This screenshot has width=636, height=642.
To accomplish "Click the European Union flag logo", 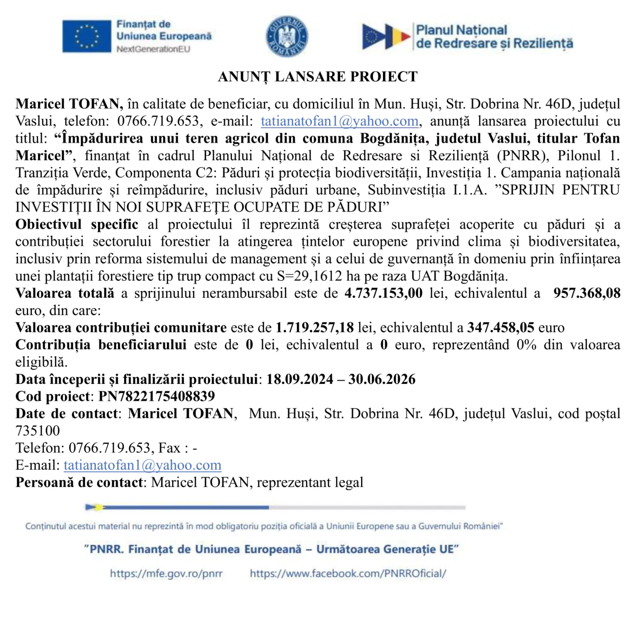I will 87,36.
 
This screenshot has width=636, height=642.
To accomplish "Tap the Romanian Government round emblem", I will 287,36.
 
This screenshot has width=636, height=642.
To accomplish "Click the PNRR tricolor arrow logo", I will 385,36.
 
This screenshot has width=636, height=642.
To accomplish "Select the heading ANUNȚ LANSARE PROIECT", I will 318,77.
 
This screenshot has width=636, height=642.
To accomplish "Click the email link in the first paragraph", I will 340,121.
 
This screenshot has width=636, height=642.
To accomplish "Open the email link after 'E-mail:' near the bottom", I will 142,465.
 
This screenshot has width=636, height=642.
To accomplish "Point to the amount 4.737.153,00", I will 383,293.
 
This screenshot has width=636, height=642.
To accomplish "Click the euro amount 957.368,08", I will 587,293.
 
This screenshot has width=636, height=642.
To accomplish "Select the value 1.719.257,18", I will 315,328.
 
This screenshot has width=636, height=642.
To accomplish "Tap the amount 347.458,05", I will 501,328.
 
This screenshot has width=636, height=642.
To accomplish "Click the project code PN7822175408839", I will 157,396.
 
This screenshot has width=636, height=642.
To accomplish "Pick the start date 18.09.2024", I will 299,379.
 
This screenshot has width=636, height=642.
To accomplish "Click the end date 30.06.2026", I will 382,379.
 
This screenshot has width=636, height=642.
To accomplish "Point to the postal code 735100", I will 38,431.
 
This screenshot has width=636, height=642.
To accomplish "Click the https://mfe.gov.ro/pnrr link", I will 166,574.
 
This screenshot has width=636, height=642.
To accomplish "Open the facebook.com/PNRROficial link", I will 348,574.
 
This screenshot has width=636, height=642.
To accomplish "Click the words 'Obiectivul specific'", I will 77,224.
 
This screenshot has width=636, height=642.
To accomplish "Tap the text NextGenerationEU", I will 153,49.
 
